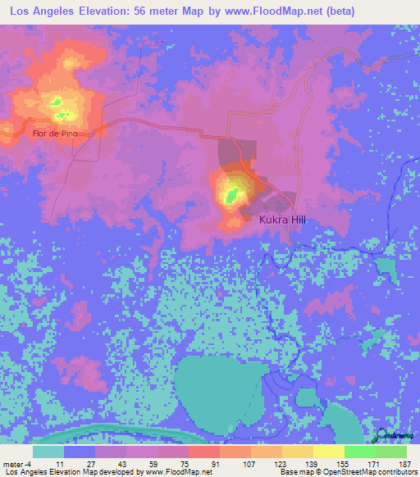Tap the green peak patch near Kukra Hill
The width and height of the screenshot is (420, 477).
(x=233, y=194)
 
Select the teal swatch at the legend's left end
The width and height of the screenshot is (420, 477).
(x=48, y=451)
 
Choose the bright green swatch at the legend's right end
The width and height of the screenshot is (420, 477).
(x=391, y=451)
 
